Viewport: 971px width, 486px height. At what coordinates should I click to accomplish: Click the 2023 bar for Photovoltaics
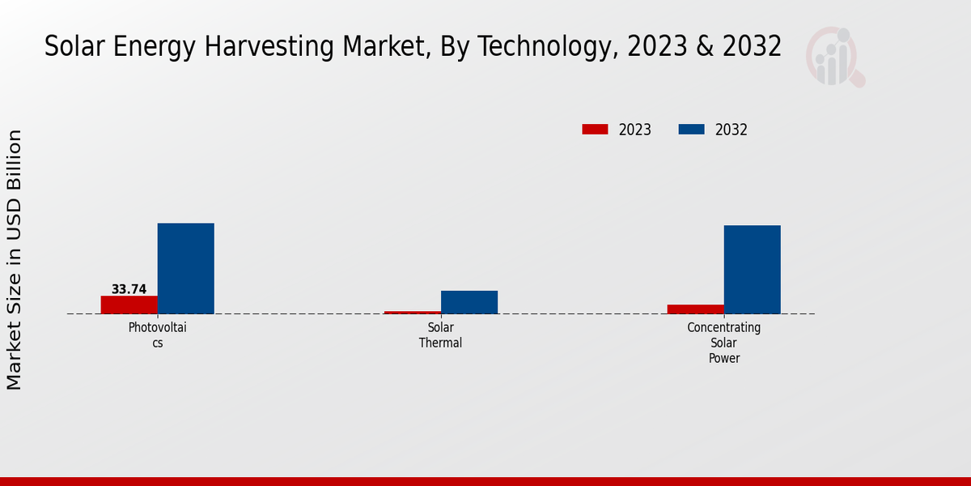129,305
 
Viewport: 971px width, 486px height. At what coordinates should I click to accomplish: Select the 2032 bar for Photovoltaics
186,268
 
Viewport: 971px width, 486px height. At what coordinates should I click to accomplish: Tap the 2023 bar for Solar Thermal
413,312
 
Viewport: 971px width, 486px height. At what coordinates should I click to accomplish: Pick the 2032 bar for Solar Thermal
469,302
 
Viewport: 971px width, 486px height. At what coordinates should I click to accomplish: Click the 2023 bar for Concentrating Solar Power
696,309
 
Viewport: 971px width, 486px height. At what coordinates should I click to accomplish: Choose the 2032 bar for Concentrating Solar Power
753,269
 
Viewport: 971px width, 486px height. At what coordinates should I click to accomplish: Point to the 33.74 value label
129,289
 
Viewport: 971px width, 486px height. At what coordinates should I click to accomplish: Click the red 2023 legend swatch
595,130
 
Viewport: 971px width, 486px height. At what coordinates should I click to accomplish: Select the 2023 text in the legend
635,130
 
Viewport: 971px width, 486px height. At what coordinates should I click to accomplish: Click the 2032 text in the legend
731,130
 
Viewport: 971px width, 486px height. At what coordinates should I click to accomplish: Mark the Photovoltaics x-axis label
158,335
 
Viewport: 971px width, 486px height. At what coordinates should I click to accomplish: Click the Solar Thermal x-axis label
441,335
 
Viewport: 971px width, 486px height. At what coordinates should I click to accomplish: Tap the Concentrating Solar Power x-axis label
724,343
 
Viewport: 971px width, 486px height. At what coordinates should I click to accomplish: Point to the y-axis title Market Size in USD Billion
15,259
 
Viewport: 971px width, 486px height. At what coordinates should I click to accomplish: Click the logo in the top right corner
835,57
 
